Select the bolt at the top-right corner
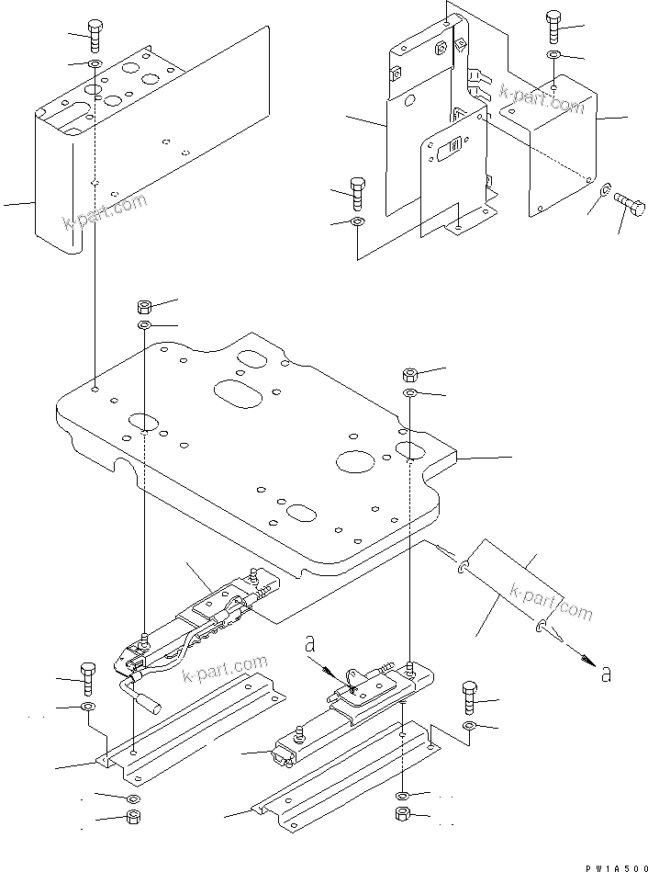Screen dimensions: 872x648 (x=553, y=27)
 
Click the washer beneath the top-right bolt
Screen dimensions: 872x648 (x=553, y=57)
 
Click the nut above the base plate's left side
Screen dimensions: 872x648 (x=145, y=306)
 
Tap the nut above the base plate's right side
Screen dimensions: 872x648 (x=411, y=374)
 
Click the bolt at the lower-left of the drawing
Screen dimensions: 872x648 (x=88, y=678)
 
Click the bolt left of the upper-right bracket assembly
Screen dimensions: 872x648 (x=358, y=193)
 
